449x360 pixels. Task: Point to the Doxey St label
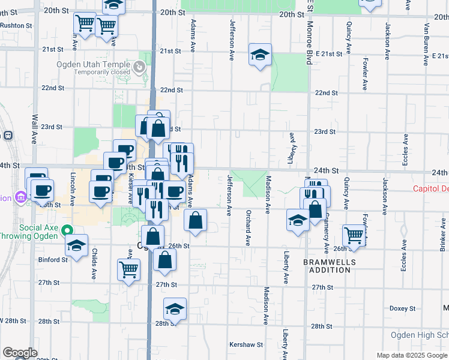(398, 308)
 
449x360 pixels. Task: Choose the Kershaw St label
(246, 345)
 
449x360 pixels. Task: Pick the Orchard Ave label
(247, 227)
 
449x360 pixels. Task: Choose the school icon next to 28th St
(175, 309)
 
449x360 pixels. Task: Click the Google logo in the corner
(20, 353)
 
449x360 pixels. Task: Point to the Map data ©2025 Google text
(412, 355)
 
